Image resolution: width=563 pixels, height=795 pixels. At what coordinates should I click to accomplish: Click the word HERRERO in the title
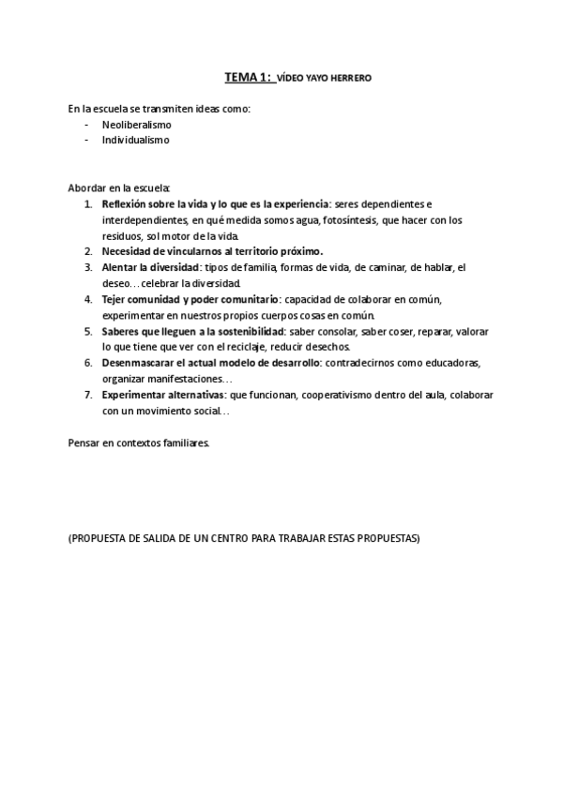click(352, 79)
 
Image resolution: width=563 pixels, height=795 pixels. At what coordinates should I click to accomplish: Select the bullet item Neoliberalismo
click(137, 125)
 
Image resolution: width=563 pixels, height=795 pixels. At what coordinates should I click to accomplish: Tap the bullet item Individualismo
click(136, 141)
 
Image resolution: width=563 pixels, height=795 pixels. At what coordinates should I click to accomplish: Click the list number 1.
click(87, 203)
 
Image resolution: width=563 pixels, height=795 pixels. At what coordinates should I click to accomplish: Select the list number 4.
click(87, 299)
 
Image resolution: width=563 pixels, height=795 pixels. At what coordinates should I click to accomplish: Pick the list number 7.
click(87, 395)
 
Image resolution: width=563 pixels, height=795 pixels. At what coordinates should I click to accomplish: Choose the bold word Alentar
click(119, 267)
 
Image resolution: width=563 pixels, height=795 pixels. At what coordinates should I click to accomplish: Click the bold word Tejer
click(114, 299)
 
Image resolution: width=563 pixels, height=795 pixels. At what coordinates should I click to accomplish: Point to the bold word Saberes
click(120, 331)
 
